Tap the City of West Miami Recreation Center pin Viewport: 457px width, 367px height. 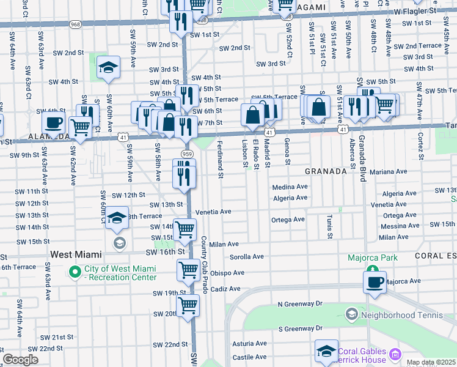coord(76,271)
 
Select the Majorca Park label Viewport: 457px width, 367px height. coord(373,258)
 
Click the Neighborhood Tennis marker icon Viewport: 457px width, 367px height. coord(351,315)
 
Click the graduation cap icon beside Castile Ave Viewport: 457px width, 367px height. coord(327,351)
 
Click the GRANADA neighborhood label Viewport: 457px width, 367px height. coord(326,172)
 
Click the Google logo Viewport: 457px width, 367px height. coord(20,359)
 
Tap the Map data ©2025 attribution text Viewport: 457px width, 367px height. coord(430,362)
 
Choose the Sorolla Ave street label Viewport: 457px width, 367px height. coord(246,257)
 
